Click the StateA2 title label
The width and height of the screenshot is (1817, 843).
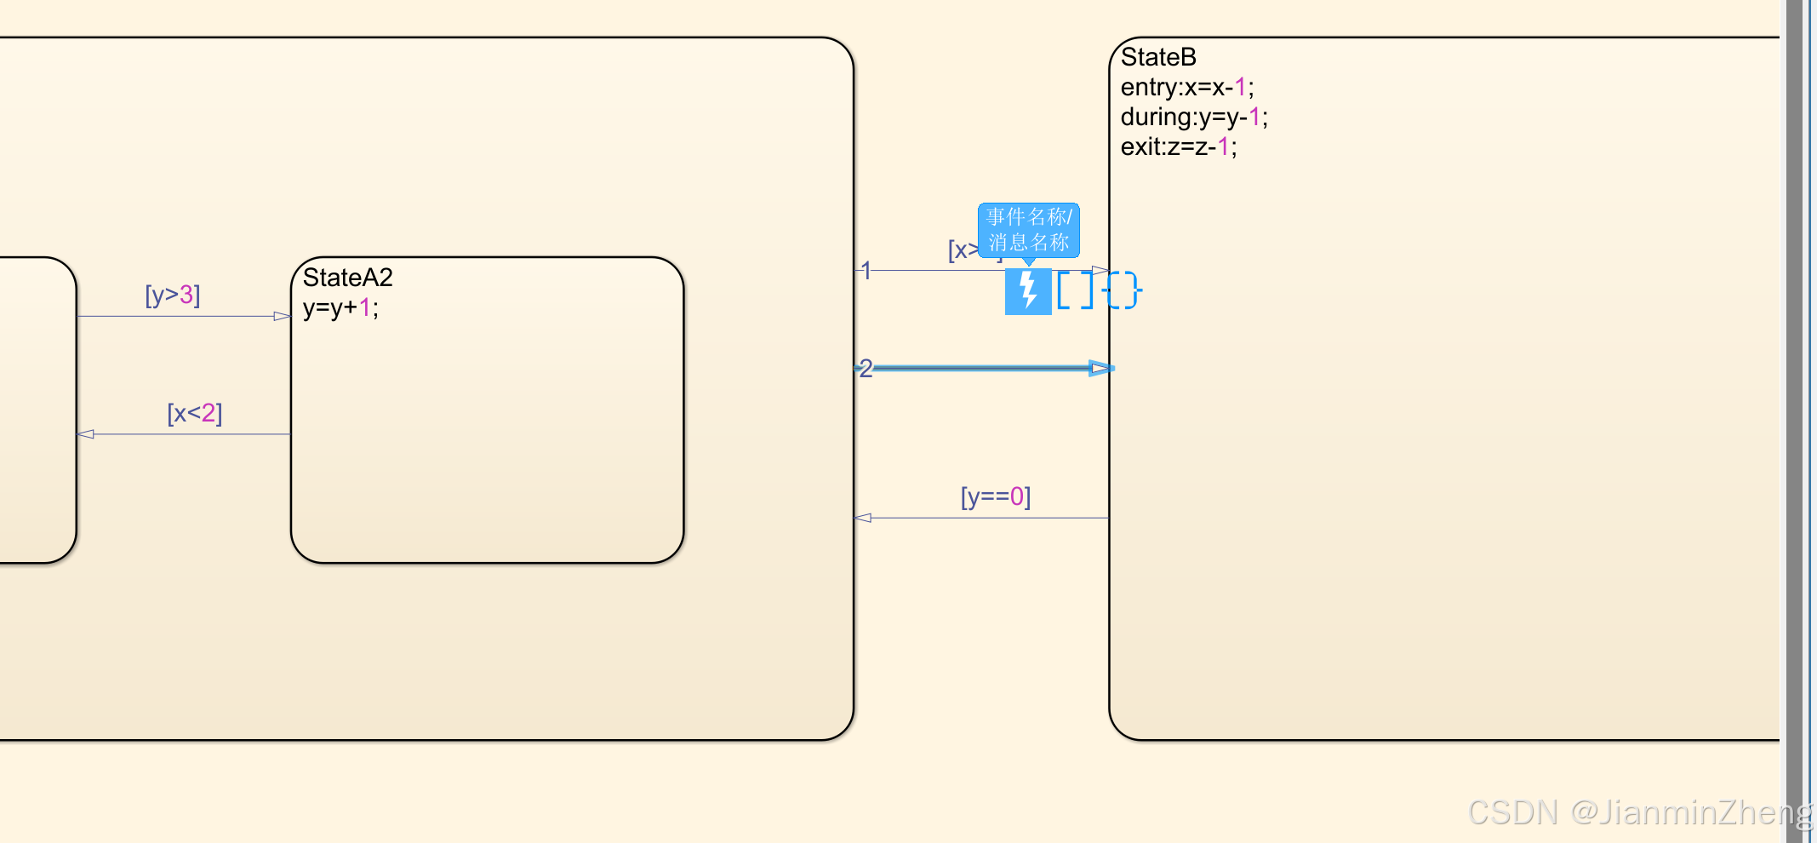(x=347, y=278)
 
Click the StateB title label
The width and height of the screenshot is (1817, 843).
(x=1158, y=57)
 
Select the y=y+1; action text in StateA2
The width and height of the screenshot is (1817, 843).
(x=340, y=307)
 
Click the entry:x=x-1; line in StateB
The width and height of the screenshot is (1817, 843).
(x=1186, y=87)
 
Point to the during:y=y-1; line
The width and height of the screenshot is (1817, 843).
(x=1193, y=117)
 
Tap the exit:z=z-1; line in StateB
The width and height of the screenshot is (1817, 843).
(x=1178, y=146)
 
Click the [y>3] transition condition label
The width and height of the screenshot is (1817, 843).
(x=173, y=295)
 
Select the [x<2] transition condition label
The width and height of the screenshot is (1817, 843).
(x=195, y=413)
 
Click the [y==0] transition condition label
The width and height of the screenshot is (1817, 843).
(x=995, y=496)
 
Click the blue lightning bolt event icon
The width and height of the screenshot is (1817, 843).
(x=1028, y=291)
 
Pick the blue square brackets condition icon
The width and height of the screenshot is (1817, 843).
(x=1075, y=290)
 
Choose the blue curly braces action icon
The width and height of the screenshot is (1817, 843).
(x=1123, y=290)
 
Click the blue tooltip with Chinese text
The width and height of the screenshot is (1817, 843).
(x=1028, y=230)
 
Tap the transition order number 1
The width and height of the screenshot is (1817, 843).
(x=866, y=271)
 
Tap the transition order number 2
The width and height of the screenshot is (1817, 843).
(x=866, y=368)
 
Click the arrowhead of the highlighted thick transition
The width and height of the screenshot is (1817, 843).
(x=1100, y=368)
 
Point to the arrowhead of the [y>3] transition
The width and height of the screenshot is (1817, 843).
(x=282, y=316)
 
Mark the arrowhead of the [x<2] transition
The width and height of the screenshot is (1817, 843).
(x=86, y=434)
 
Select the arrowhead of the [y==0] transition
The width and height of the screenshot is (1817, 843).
(x=863, y=518)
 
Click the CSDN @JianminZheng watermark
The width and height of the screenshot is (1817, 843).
(x=1639, y=812)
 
